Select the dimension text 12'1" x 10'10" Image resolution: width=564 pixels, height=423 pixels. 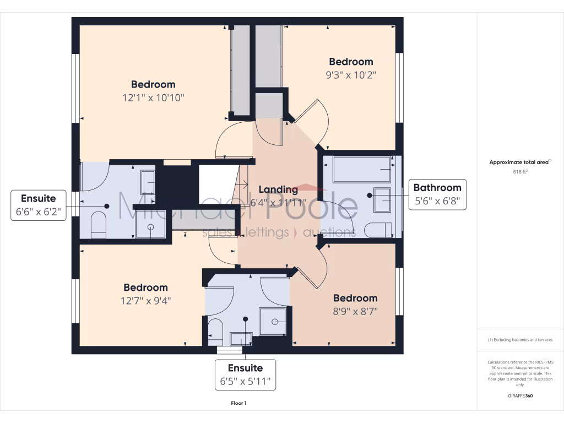pyautogui.click(x=153, y=98)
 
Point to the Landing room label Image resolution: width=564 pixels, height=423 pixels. pyautogui.click(x=278, y=189)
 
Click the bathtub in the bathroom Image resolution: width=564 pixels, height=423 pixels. pyautogui.click(x=361, y=169)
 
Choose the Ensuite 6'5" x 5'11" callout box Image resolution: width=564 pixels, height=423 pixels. pyautogui.click(x=245, y=375)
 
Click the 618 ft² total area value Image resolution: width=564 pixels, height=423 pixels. pyautogui.click(x=520, y=172)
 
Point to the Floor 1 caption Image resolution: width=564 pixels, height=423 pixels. pyautogui.click(x=238, y=403)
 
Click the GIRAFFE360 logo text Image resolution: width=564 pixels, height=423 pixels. pyautogui.click(x=520, y=396)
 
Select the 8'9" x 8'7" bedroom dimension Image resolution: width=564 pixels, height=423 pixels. pyautogui.click(x=355, y=311)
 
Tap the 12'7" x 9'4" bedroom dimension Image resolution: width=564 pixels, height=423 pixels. pyautogui.click(x=145, y=301)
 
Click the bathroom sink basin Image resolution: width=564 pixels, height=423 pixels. pyautogui.click(x=382, y=199)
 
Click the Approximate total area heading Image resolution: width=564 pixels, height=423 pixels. pyautogui.click(x=520, y=162)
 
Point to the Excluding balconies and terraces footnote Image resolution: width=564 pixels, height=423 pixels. pyautogui.click(x=520, y=340)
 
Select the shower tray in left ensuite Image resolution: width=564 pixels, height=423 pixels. pyautogui.click(x=150, y=231)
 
